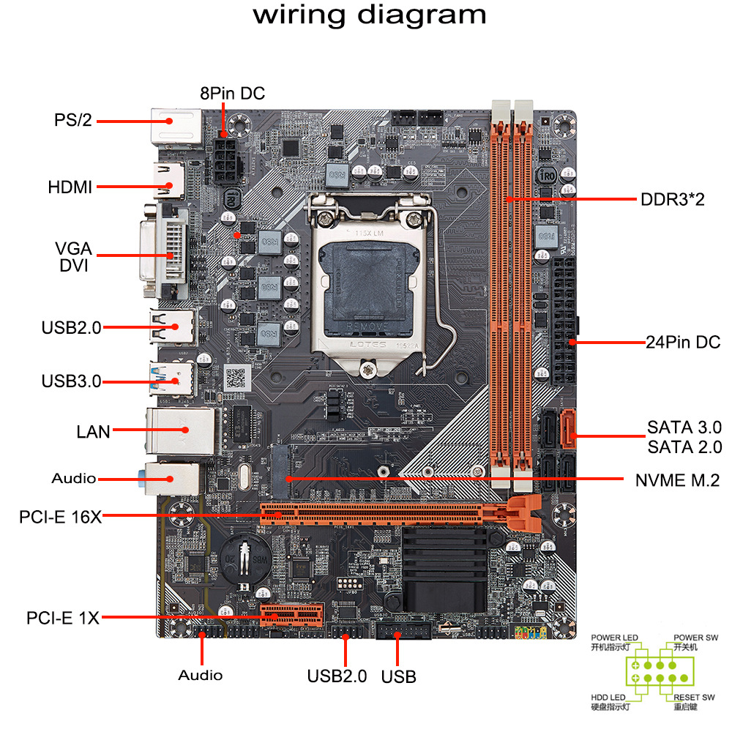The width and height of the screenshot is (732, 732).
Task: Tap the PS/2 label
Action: tap(73, 120)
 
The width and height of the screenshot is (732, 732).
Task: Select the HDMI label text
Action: tap(70, 187)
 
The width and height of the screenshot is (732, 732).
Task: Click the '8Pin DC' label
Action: tap(232, 94)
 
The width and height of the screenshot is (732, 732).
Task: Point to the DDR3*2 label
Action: tap(672, 199)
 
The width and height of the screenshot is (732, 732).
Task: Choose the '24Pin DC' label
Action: tap(683, 342)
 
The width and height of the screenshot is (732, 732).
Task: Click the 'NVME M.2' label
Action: tap(678, 480)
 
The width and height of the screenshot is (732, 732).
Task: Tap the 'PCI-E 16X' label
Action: tap(60, 517)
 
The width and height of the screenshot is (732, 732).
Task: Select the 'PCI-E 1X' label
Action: tap(63, 619)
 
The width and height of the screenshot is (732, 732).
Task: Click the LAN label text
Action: tap(93, 431)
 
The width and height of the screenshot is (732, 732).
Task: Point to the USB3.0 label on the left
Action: tap(71, 381)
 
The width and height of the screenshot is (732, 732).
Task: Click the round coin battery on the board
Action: tap(245, 561)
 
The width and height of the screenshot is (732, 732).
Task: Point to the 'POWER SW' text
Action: tap(695, 638)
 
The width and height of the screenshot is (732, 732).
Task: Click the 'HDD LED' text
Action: tap(609, 697)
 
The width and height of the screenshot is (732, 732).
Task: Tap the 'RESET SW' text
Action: tap(694, 697)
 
